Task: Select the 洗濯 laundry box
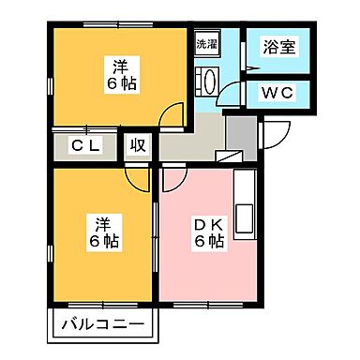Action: click(207, 44)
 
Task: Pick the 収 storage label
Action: click(137, 145)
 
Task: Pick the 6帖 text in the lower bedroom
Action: click(102, 241)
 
